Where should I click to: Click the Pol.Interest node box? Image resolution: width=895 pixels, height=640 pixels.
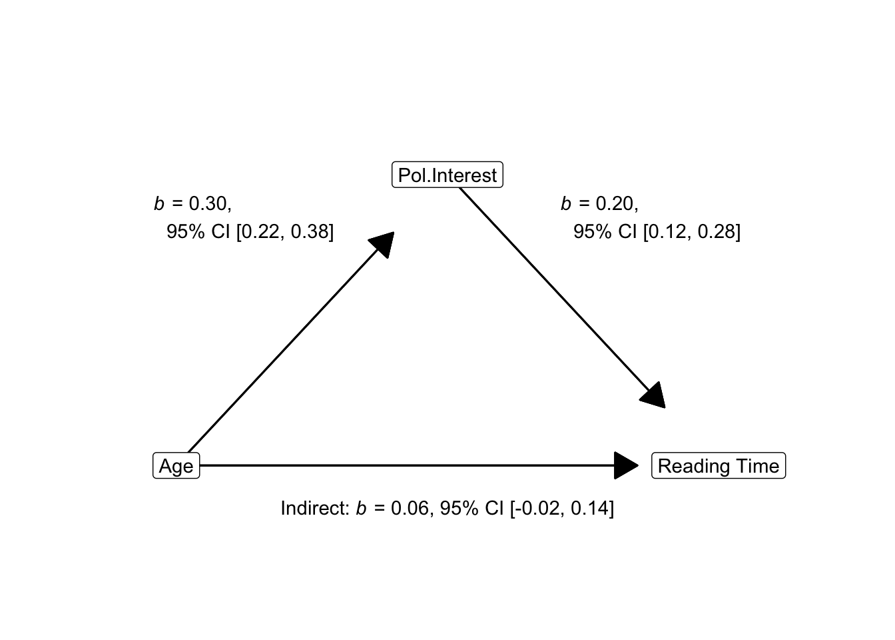(x=447, y=175)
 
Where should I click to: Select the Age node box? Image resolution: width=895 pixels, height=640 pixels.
(x=176, y=465)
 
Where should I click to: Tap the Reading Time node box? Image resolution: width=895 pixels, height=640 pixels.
(x=719, y=465)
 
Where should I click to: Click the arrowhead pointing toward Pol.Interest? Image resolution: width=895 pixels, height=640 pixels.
(x=383, y=243)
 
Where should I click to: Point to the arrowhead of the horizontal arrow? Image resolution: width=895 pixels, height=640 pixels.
(x=626, y=465)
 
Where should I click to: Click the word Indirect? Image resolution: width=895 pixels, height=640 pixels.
(x=315, y=509)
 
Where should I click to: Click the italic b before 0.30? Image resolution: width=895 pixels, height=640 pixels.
(x=159, y=203)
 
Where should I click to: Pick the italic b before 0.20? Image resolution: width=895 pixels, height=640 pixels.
(x=566, y=203)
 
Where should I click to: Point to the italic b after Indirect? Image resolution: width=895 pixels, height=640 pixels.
(x=361, y=509)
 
